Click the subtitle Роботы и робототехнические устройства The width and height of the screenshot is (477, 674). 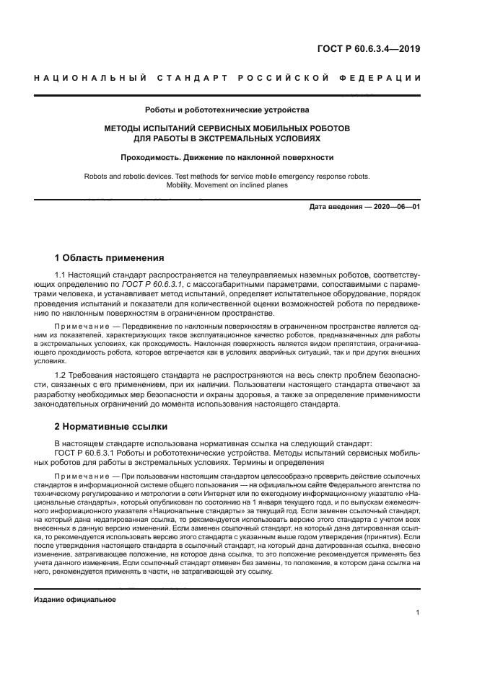[x=227, y=110]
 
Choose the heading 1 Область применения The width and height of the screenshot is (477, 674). [x=110, y=257]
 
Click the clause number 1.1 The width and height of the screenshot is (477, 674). [x=61, y=275]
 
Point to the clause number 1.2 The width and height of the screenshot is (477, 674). [x=61, y=376]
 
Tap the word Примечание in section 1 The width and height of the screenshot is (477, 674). [x=78, y=327]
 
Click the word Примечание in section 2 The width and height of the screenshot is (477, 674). [x=78, y=477]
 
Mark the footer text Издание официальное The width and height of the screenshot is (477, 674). [x=75, y=600]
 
